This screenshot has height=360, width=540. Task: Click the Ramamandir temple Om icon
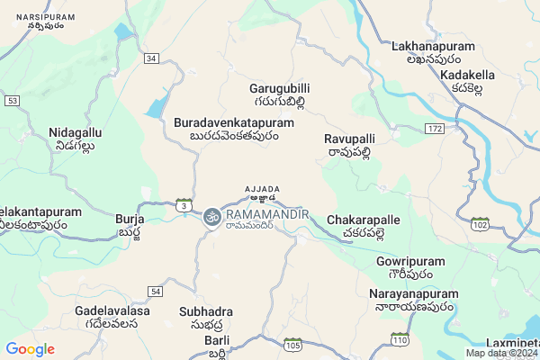coord(212,217)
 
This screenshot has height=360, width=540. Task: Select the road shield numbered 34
coord(151,58)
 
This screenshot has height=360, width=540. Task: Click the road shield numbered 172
coord(436,130)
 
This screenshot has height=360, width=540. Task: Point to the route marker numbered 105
coord(292,344)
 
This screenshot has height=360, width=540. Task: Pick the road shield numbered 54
coord(156,292)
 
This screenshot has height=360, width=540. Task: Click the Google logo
coord(30,349)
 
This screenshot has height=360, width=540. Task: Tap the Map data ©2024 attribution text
coord(499,353)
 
